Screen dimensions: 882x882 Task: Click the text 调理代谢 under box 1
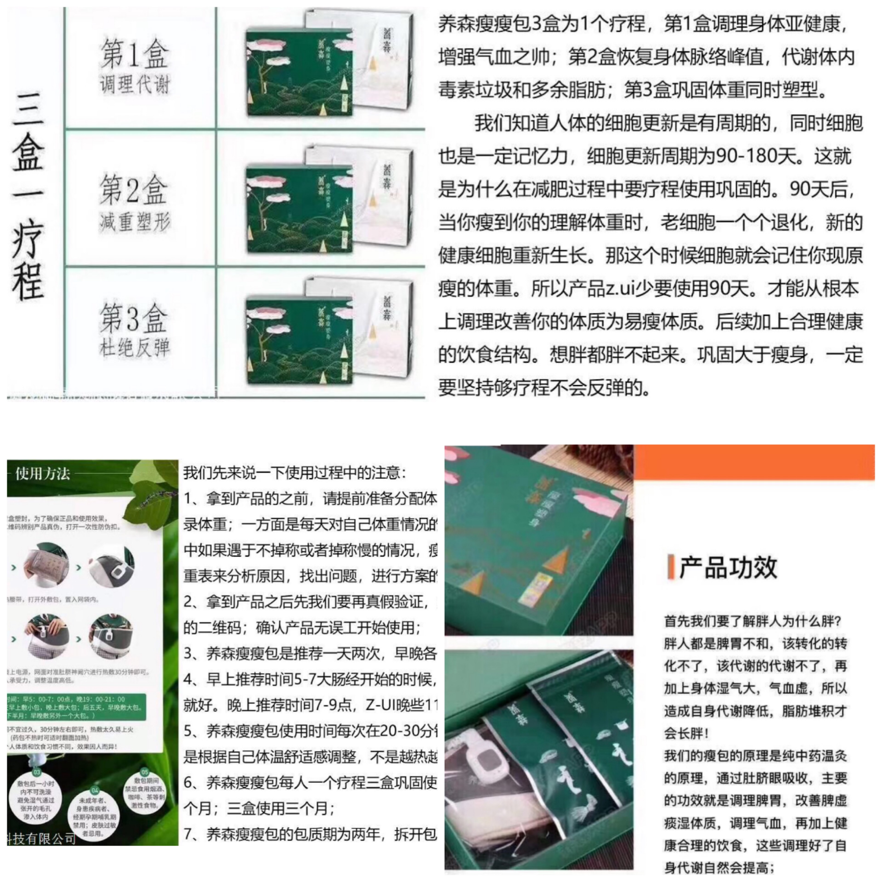click(135, 85)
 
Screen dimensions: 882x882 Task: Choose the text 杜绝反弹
click(135, 348)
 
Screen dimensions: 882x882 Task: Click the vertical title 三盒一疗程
click(28, 196)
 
